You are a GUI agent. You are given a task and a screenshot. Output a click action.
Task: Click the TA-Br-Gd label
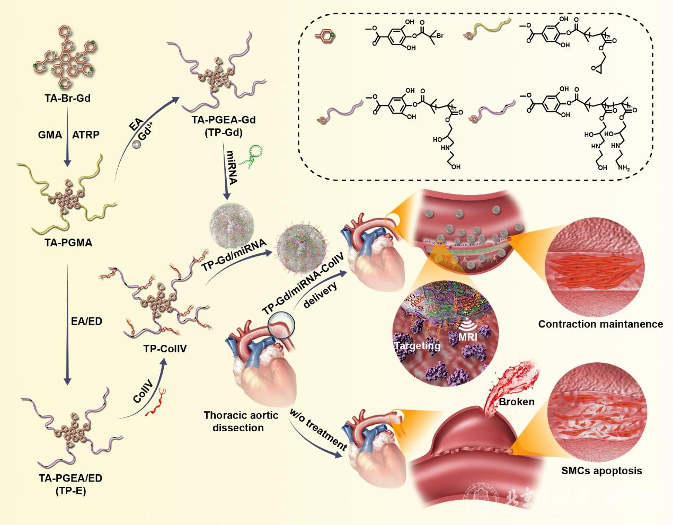[66, 97]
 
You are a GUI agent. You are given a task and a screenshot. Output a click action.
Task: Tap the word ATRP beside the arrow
[85, 135]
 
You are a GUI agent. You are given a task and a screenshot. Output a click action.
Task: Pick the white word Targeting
[417, 346]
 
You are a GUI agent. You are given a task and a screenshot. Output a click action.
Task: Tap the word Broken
[516, 402]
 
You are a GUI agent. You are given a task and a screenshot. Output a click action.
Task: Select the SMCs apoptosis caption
[601, 470]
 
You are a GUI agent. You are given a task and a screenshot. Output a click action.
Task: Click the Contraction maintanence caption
[600, 324]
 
